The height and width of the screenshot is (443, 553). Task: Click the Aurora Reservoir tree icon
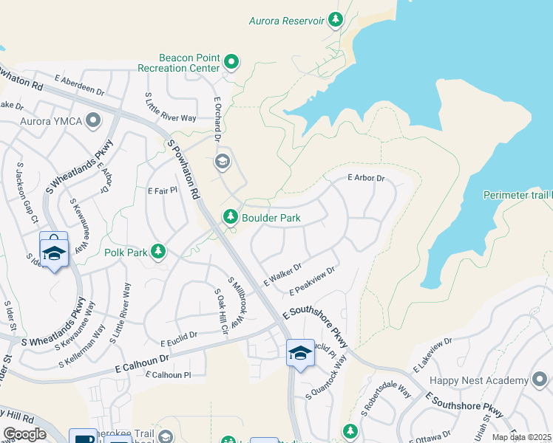click(336, 20)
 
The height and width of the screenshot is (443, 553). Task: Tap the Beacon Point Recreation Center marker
click(231, 63)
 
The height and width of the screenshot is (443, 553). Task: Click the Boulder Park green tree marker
click(231, 217)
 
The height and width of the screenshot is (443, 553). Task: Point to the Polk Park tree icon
click(157, 253)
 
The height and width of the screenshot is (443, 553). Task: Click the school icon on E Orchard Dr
click(222, 161)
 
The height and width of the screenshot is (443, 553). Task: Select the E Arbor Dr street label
click(367, 178)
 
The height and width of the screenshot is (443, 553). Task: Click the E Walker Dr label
click(282, 275)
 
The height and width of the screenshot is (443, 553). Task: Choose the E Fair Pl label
click(163, 190)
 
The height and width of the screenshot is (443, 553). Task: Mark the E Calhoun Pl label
click(169, 375)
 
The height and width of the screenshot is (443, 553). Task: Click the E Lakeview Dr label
click(432, 355)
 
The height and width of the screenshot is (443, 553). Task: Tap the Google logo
click(24, 433)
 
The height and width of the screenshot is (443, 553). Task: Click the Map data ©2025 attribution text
click(522, 437)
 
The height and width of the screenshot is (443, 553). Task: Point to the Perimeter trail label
click(518, 195)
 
